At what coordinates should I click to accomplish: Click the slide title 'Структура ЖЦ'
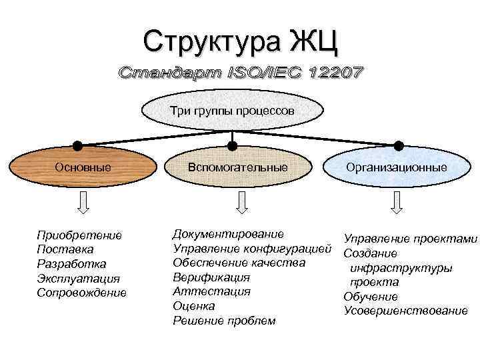[241, 41]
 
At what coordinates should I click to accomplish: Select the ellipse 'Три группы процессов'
[231, 110]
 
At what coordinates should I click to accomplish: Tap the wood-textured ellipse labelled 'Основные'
[82, 167]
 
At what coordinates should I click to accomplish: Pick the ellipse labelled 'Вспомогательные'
[238, 167]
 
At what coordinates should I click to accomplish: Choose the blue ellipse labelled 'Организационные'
[396, 167]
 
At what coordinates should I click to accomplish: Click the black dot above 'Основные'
[78, 145]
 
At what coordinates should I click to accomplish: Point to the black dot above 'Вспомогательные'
[232, 145]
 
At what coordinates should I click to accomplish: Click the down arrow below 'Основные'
[84, 201]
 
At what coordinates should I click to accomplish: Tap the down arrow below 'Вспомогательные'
[239, 201]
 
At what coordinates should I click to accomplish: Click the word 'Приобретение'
[79, 235]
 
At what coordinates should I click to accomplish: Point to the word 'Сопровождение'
[81, 293]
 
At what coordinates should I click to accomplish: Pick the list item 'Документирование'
[228, 234]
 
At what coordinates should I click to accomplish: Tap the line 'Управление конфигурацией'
[252, 249]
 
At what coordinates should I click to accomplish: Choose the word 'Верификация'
[211, 277]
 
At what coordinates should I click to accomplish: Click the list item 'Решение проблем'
[224, 321]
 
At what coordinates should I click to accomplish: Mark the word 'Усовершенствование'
[406, 311]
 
